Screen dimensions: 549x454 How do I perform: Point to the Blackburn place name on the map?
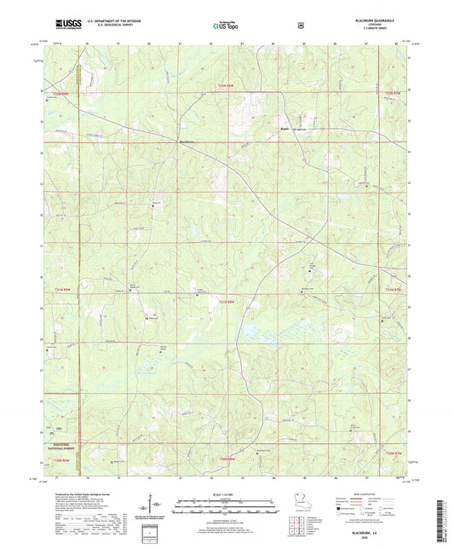(186, 141)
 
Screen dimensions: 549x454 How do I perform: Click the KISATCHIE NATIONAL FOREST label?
(59, 446)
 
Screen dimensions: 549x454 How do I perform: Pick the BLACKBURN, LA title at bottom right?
(375, 529)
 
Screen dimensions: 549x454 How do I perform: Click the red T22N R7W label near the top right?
(391, 93)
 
